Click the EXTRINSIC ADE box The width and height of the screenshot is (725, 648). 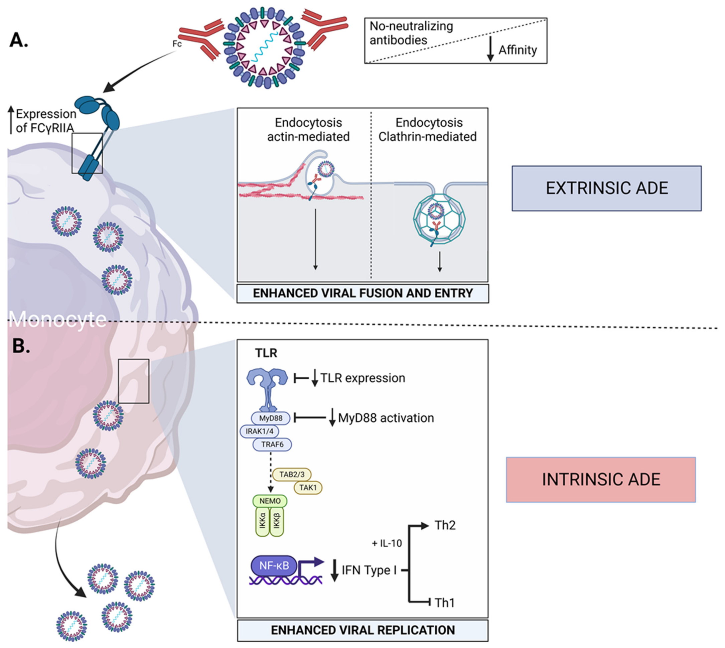[x=606, y=188]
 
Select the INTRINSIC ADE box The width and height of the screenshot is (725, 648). [x=601, y=479]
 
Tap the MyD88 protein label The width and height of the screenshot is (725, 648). [x=271, y=418]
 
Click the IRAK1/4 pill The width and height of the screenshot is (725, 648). [x=260, y=431]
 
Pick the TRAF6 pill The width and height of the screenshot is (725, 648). [x=272, y=444]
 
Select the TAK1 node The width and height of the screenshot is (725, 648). [x=308, y=488]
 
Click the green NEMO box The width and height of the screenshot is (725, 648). [x=270, y=501]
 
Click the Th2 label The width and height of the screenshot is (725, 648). [x=445, y=525]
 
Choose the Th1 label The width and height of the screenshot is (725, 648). [x=445, y=603]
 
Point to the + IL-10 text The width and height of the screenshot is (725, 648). [x=387, y=543]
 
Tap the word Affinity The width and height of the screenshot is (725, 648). [x=518, y=50]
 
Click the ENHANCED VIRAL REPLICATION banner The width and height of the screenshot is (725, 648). [x=363, y=630]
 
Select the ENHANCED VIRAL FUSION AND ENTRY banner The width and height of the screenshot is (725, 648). [x=363, y=293]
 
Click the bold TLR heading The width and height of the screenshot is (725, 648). [x=266, y=353]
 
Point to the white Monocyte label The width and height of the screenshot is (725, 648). [x=58, y=319]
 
